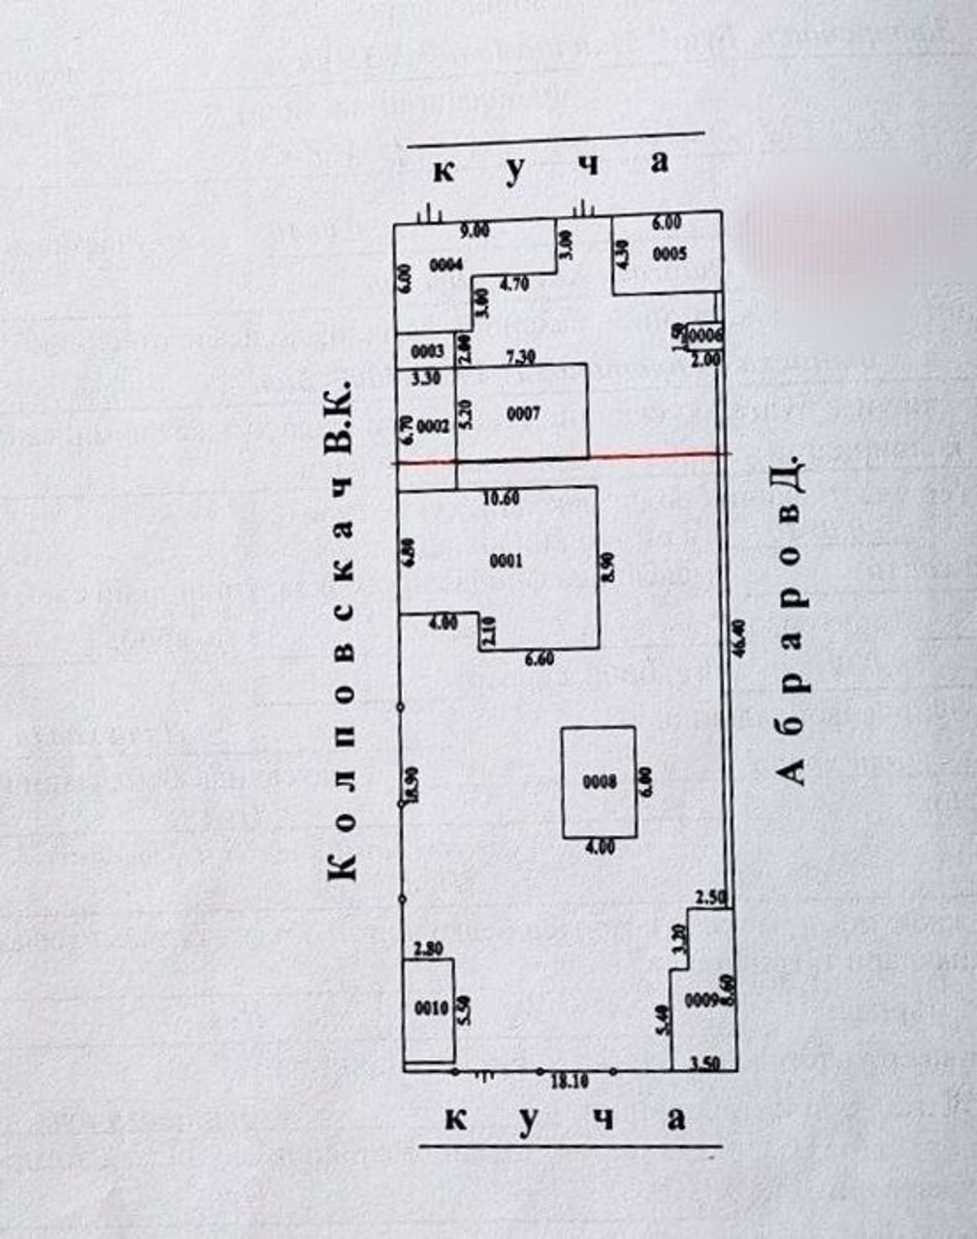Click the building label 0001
506,560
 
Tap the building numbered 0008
599,783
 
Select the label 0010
432,1008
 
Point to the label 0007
524,414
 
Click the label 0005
670,254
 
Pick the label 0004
445,265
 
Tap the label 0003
427,351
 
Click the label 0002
433,426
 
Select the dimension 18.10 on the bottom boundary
570,1082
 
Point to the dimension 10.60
501,499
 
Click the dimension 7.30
519,356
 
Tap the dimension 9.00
475,231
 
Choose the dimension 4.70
514,284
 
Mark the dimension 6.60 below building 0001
539,658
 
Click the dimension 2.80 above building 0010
428,949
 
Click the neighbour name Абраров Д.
790,623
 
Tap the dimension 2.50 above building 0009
711,898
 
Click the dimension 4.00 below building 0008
600,847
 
